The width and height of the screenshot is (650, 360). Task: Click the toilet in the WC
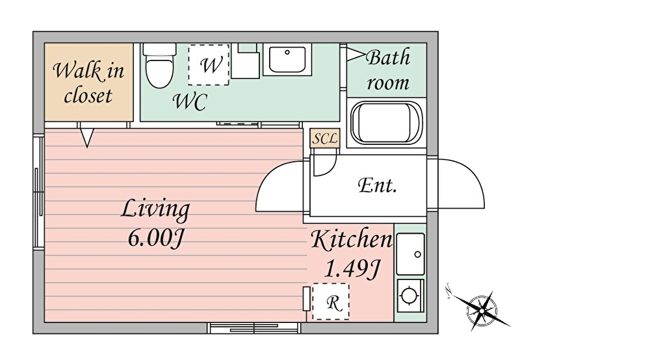[159, 66]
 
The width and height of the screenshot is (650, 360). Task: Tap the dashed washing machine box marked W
[209, 64]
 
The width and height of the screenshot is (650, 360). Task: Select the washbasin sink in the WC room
[287, 60]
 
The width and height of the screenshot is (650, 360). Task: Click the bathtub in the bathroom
[386, 123]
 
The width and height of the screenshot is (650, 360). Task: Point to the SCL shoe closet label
[324, 138]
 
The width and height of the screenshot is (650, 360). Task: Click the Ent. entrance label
[377, 185]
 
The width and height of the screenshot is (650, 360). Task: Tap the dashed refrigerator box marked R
[331, 302]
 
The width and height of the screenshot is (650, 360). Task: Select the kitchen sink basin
[410, 254]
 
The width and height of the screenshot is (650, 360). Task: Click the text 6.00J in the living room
[156, 238]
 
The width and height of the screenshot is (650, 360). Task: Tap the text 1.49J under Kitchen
[352, 269]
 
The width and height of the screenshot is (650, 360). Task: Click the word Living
[155, 209]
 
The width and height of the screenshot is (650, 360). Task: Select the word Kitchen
[352, 238]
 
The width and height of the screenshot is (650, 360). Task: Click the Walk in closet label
[88, 83]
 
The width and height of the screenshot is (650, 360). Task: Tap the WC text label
[190, 101]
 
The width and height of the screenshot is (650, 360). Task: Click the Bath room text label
[388, 70]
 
